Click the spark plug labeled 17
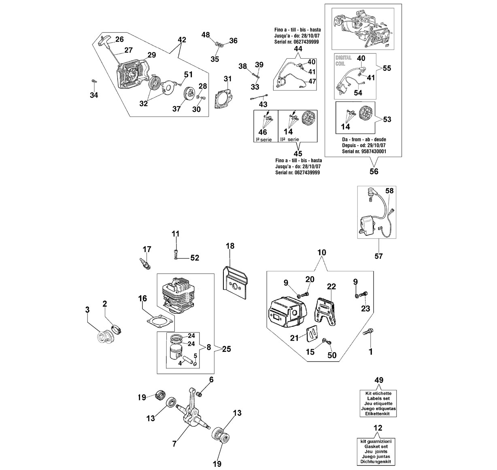coord(145,264)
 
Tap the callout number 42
coord(182,40)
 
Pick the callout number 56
coord(374,171)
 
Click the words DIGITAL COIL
coord(343,60)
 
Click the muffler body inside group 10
coord(287,312)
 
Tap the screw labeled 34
coord(94,81)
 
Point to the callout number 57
coord(378,256)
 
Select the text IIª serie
coord(290,139)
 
